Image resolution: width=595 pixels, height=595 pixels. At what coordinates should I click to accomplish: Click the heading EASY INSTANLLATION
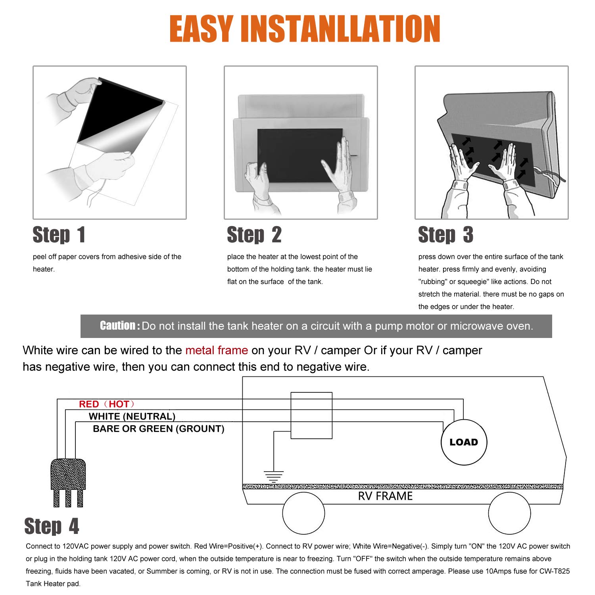305,29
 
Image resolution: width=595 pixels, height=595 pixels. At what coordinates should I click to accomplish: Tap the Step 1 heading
59,235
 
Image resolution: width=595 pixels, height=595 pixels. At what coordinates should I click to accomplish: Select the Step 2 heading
254,235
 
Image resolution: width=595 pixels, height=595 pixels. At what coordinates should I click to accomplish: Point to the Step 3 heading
445,235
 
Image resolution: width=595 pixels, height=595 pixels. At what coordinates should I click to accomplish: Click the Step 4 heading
52,526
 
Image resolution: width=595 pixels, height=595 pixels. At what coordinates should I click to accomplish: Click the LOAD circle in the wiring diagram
464,442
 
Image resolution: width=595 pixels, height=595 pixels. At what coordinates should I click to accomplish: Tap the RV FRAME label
385,496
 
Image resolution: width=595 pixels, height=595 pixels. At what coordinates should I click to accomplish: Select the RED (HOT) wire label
106,404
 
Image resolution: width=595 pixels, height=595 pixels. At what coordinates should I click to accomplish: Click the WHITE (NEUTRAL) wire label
132,416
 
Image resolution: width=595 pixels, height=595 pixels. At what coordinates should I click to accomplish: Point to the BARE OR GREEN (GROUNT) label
158,429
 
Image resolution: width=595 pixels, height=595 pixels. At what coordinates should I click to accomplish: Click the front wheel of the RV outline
509,513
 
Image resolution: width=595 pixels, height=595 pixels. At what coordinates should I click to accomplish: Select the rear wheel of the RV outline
303,513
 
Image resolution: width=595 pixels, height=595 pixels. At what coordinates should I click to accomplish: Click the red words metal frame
217,350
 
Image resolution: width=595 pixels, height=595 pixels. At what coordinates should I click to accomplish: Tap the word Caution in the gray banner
118,326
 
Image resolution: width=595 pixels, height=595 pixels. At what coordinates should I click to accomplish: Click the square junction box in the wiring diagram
311,415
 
